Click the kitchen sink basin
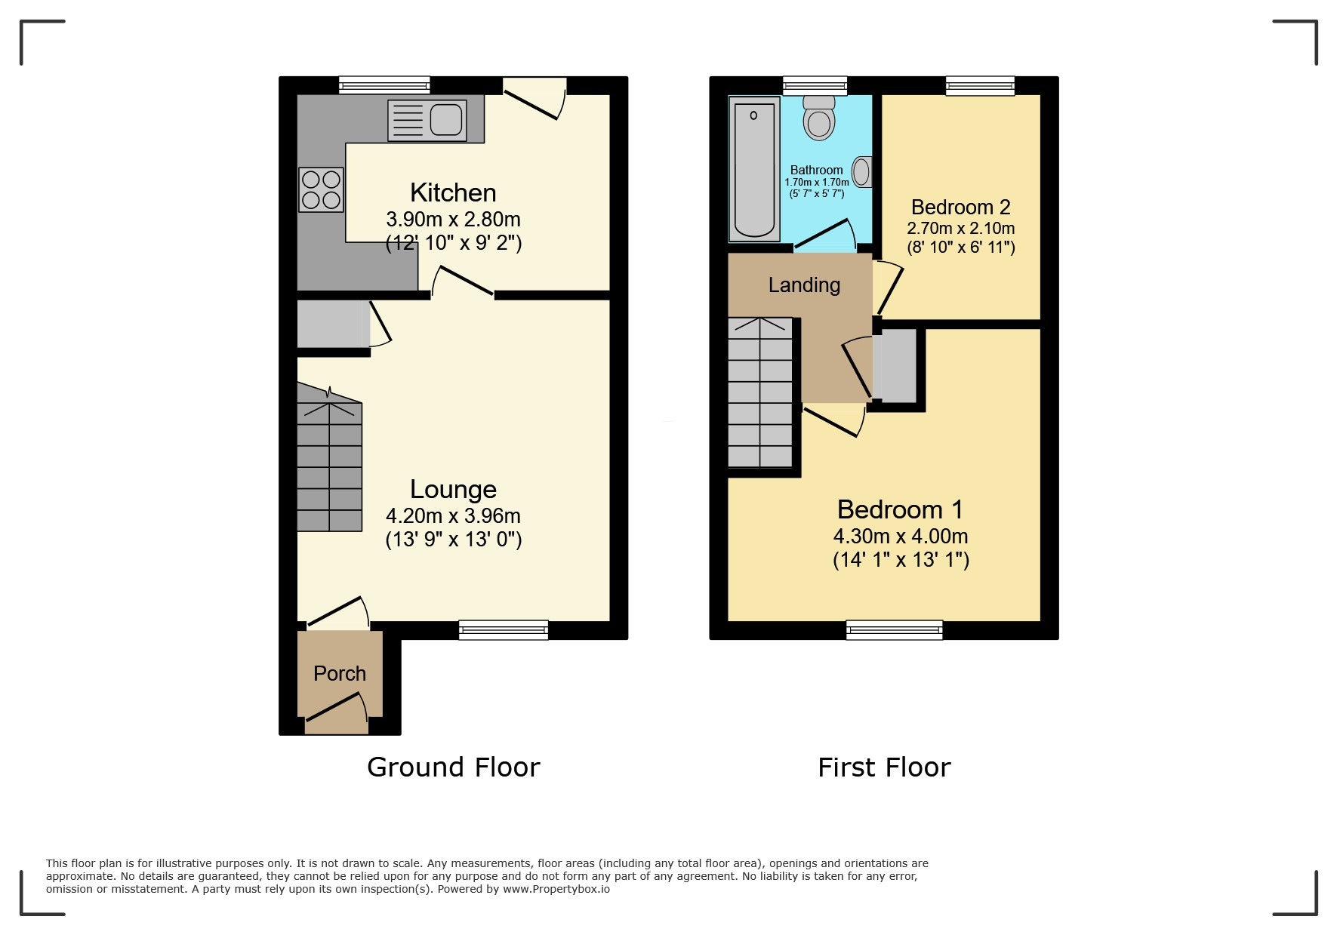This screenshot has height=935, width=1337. pos(446,119)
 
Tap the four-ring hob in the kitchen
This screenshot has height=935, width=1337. pos(321,189)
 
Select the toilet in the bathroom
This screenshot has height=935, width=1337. pos(819,118)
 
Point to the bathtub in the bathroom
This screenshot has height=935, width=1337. pos(754,168)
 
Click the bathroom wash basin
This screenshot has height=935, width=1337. pos(862,172)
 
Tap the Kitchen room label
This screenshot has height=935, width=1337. pos(453,192)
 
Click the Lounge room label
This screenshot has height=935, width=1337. pos(453,489)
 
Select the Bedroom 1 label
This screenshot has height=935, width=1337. pos(900,509)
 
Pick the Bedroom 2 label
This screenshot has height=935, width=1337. pos(960,207)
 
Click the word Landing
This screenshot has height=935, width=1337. pos(804,285)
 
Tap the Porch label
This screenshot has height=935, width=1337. pos(340,673)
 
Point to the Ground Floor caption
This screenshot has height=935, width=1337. pos(453,767)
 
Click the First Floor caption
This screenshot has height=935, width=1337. pos(884,767)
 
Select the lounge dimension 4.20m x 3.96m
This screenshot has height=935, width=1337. pos(453,515)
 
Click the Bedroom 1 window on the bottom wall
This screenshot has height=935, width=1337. pos(895,629)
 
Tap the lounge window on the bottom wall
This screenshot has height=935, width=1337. pos(504,629)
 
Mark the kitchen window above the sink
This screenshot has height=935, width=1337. pos(384,85)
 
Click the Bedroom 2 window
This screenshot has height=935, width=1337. pos(980,86)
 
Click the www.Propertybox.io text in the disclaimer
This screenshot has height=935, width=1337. pos(556,889)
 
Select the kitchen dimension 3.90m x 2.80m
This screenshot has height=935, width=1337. pos(453,219)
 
